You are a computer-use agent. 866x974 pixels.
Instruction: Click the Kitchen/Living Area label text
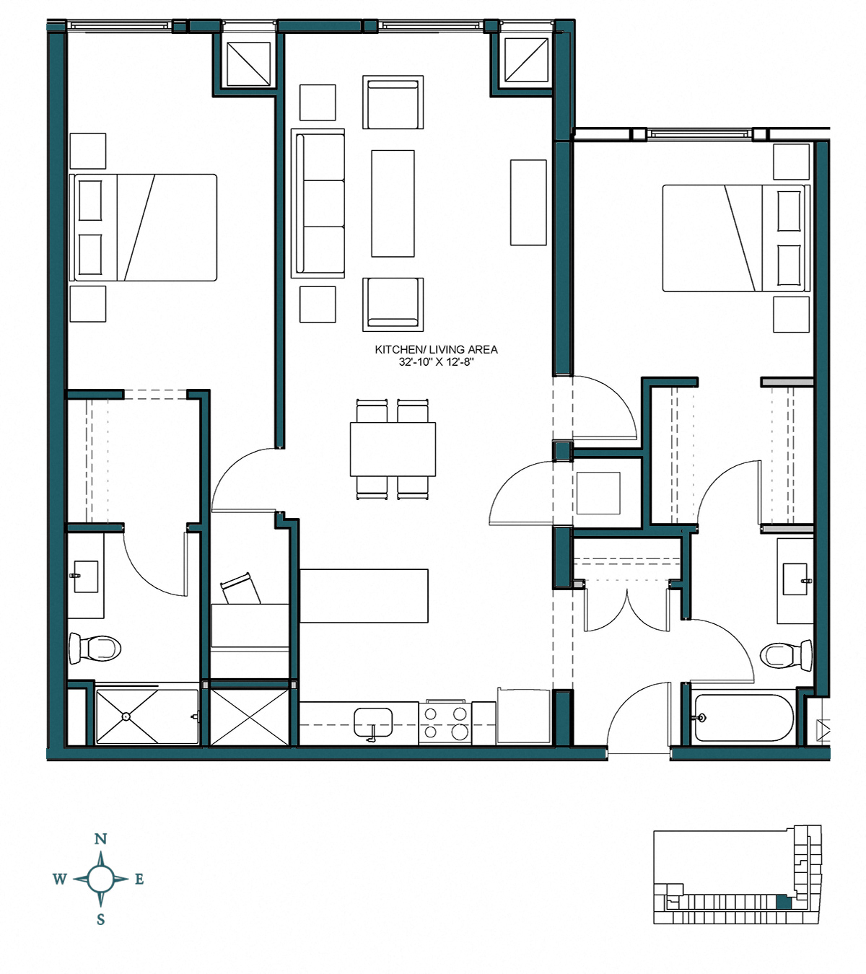tap(436, 349)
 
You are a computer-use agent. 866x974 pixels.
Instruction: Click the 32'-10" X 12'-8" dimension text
tap(436, 361)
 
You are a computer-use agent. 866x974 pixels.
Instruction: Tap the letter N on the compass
tap(100, 839)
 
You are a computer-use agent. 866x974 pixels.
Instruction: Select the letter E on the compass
tap(139, 879)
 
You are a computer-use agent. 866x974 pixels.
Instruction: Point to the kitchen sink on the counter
tap(373, 722)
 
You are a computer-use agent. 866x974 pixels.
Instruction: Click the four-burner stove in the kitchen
tap(445, 723)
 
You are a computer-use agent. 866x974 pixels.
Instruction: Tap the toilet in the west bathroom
tap(94, 648)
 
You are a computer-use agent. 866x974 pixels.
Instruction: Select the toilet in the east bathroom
tap(787, 655)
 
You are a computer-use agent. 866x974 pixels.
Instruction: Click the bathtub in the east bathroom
tap(743, 718)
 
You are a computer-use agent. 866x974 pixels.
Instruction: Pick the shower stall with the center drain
tap(146, 716)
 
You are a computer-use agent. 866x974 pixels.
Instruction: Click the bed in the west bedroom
tap(144, 227)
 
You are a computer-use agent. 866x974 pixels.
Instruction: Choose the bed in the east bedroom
tap(735, 238)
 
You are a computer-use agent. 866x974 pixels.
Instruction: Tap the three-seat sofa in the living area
tap(318, 203)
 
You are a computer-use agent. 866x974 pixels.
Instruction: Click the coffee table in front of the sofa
tap(393, 203)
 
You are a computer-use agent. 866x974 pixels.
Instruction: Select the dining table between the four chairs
tap(393, 449)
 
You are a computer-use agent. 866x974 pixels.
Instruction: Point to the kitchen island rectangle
tap(364, 596)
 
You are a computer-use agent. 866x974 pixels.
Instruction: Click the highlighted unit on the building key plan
tap(783, 901)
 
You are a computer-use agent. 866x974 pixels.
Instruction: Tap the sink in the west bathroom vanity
tap(86, 577)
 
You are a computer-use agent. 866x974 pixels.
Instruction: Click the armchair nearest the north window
tap(393, 102)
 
